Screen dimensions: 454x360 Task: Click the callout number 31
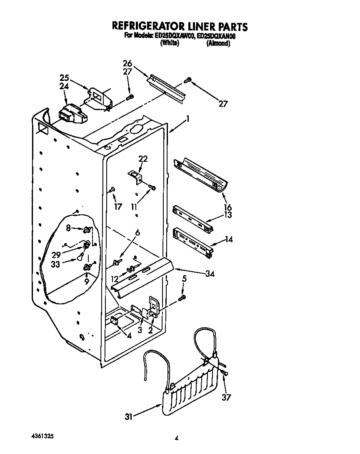click(130, 416)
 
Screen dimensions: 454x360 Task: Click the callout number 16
click(228, 207)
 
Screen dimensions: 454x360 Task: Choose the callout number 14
click(229, 239)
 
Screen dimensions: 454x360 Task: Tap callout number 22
click(143, 159)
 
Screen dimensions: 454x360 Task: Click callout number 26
click(127, 63)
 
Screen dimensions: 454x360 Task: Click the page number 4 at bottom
click(177, 438)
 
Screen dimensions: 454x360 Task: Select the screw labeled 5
click(182, 298)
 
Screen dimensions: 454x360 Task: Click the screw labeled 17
click(112, 191)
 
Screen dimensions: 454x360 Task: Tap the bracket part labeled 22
click(135, 176)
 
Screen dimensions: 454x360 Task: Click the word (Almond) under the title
click(218, 43)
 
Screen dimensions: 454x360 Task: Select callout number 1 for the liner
click(188, 119)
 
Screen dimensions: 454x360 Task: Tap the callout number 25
click(64, 78)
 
